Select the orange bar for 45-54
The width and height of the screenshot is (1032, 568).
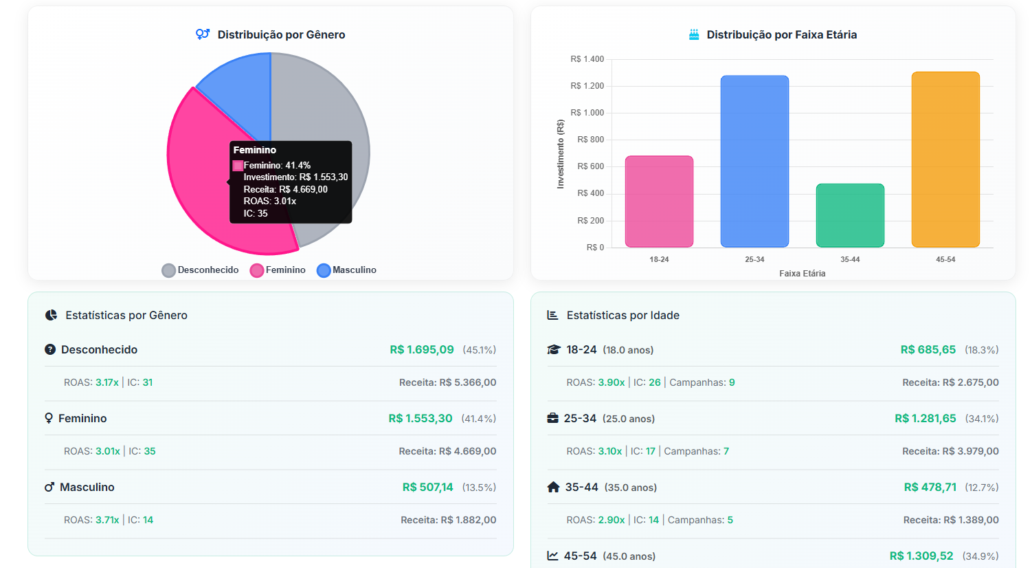pos(945,159)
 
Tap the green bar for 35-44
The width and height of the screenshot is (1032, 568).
pos(850,215)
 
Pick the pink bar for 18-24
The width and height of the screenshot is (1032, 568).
pos(659,201)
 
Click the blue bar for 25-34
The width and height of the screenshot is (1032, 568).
pos(754,161)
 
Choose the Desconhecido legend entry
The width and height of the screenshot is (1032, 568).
pos(201,270)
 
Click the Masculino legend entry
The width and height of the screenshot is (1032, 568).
pos(347,270)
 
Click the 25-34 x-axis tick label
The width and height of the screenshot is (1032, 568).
pos(754,259)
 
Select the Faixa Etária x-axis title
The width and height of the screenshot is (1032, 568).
pos(802,274)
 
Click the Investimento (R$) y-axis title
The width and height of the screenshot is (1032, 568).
pos(560,154)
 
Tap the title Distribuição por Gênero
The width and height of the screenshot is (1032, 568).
pos(281,35)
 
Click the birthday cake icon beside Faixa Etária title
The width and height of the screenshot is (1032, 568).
pos(694,34)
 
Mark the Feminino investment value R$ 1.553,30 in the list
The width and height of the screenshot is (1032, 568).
pos(420,418)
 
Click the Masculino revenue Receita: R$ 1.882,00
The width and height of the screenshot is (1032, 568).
pos(448,520)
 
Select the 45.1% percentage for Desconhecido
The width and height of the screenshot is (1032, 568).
pos(479,350)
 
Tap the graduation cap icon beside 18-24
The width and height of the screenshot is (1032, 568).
pos(554,349)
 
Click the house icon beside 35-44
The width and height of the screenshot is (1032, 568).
pos(553,487)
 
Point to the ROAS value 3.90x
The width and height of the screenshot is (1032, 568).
pos(611,382)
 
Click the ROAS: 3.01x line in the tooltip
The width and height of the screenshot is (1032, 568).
pos(269,201)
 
